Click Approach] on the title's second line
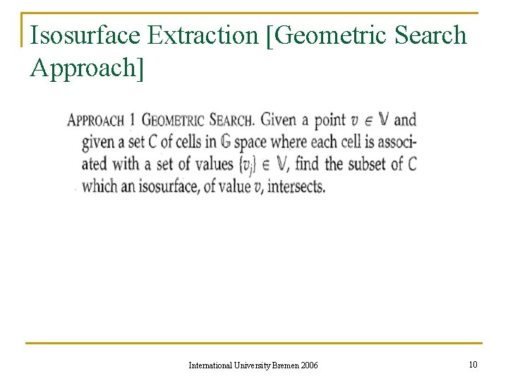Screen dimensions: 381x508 click(x=87, y=67)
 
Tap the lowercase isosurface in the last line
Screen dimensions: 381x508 click(x=164, y=187)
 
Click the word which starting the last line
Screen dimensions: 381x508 click(x=100, y=187)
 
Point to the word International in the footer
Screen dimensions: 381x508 click(x=212, y=365)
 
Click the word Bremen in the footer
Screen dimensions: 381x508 click(x=284, y=365)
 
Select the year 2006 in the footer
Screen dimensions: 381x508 click(x=309, y=365)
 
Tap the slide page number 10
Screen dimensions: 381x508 click(x=473, y=364)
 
